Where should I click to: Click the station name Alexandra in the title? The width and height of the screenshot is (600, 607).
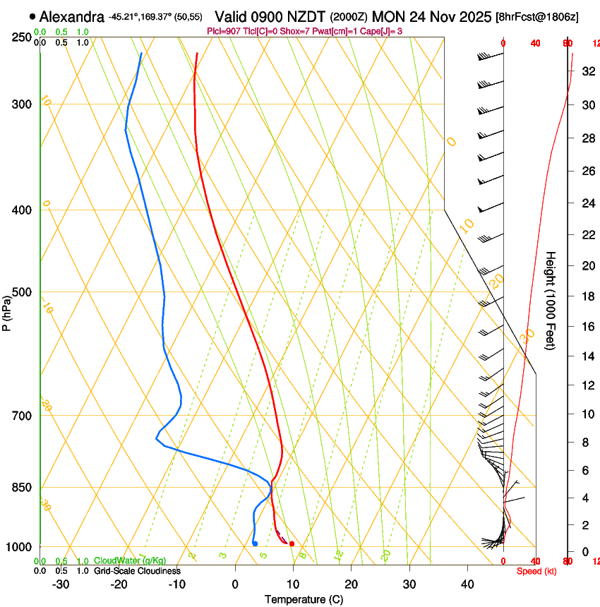click(72, 16)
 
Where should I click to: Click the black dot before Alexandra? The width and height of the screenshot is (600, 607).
click(32, 16)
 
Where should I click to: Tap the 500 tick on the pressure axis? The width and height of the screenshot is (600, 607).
click(23, 292)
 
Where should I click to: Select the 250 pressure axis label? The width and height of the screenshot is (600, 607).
click(23, 37)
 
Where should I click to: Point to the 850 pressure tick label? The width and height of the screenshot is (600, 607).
click(23, 488)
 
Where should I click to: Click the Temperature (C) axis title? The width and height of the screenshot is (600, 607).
click(304, 599)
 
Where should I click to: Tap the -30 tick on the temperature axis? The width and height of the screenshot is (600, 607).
click(61, 584)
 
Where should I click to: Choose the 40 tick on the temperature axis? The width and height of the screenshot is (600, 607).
click(467, 584)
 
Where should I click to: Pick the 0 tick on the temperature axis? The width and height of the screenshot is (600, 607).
click(235, 584)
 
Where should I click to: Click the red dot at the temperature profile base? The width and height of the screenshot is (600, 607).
click(292, 543)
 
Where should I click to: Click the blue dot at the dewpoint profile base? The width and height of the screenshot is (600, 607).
click(255, 543)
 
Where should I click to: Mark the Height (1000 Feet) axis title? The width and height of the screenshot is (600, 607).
click(551, 300)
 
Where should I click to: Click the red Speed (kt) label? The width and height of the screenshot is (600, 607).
click(536, 571)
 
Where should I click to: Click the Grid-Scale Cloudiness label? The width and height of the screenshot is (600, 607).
click(137, 571)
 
